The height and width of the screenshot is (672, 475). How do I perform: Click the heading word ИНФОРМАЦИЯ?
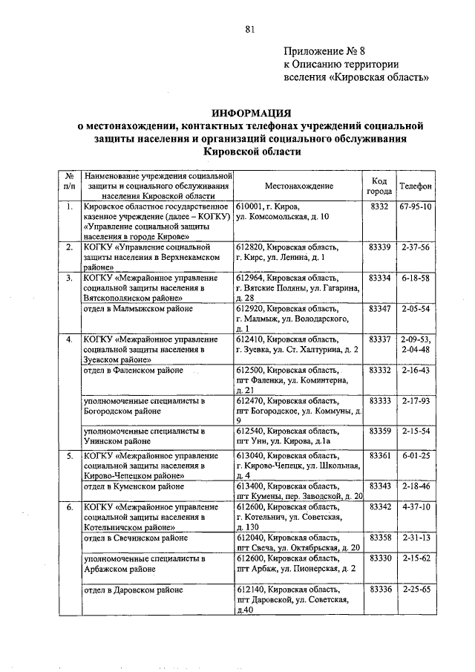coord(250,113)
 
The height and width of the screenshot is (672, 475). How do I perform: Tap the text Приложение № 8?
coord(324,51)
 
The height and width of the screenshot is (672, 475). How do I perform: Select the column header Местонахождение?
coord(298,186)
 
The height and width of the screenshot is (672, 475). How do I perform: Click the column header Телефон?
coord(416,186)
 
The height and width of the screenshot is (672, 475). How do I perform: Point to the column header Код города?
coord(379,186)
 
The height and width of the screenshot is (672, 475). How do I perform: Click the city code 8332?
coord(379,206)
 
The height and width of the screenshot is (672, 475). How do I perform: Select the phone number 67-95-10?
coord(416,206)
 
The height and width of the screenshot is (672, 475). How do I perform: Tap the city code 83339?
coord(379,247)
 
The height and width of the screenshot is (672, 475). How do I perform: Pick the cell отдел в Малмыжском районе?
coord(139,308)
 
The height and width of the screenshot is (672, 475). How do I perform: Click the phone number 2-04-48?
coord(416,349)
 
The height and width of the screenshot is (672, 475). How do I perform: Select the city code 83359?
coord(379,431)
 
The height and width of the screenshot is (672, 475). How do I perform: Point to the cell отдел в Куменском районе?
coord(135,485)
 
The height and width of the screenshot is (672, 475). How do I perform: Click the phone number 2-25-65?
coord(416,589)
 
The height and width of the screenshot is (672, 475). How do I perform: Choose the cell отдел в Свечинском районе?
coord(137,537)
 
